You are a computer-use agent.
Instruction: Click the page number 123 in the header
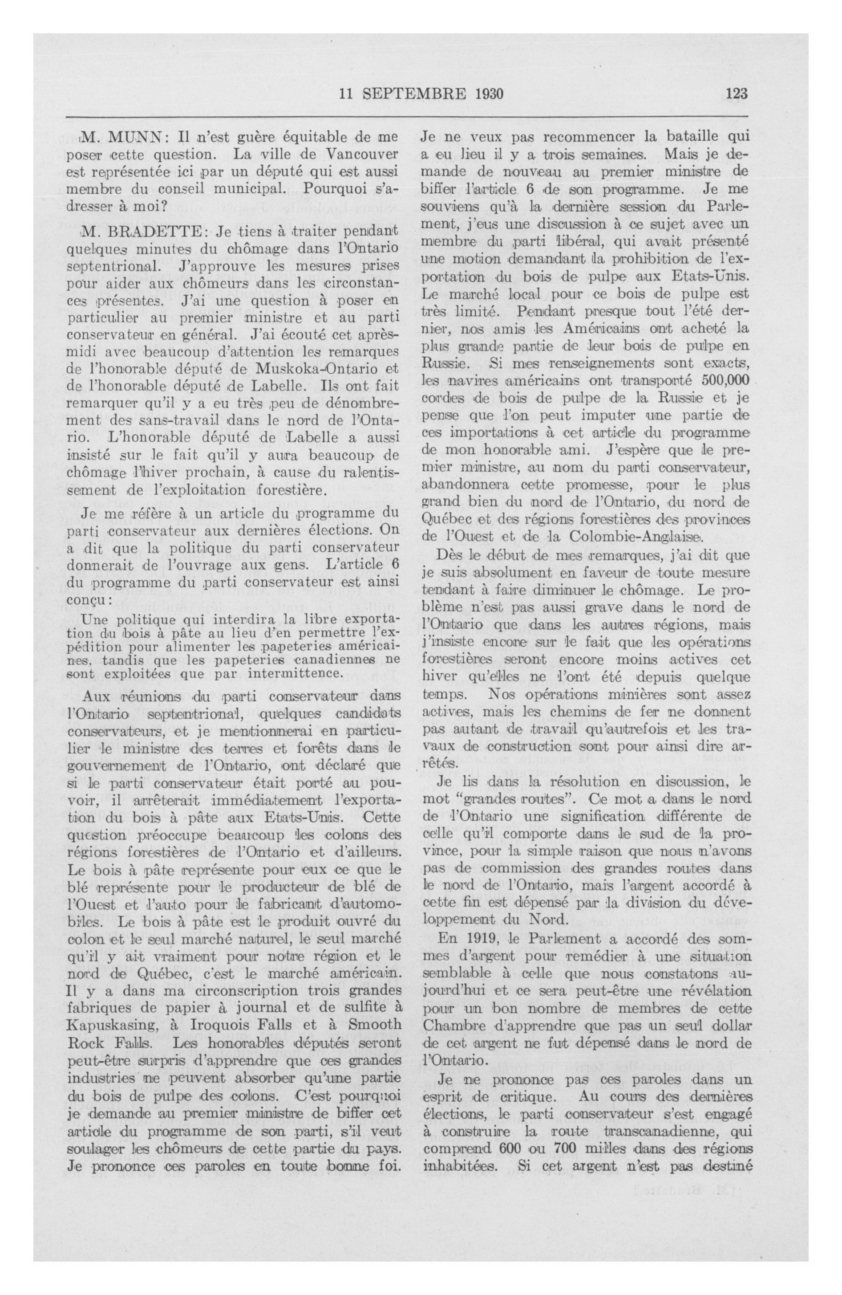pyautogui.click(x=736, y=94)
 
